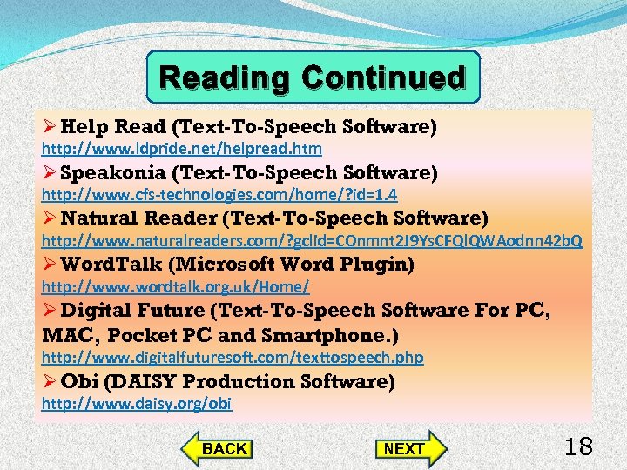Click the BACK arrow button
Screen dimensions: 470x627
[219, 448]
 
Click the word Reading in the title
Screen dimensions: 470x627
[227, 78]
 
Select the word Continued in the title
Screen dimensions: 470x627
[384, 78]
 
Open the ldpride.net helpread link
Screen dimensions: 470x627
[182, 150]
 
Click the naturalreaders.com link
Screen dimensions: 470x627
[313, 240]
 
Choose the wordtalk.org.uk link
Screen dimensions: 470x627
[175, 286]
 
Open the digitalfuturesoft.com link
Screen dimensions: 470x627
[233, 357]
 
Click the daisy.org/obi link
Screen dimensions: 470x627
[137, 404]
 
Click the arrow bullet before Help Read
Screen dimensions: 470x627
[50, 127]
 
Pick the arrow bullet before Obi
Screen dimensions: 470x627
[50, 381]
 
